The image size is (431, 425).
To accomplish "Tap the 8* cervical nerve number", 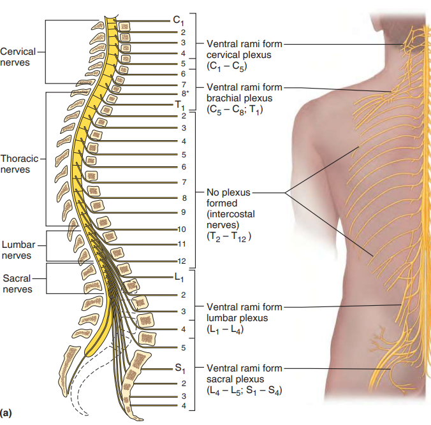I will point(186,94).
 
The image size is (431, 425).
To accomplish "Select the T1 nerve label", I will point(179,105).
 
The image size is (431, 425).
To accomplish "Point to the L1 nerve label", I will point(179,278).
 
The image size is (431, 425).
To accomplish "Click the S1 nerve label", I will point(179,368).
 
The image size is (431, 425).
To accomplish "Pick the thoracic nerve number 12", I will point(182,261).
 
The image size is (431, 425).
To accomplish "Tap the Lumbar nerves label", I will point(18,250).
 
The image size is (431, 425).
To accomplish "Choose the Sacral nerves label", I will point(17,284).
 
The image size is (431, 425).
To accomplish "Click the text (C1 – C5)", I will point(226,66).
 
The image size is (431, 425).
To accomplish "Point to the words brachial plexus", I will point(239,98).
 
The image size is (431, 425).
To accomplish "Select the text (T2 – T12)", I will point(230,236).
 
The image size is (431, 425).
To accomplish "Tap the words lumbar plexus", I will point(237,317).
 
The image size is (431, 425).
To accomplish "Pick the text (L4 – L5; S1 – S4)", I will point(244,391).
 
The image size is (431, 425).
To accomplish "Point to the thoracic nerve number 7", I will point(183,183).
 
